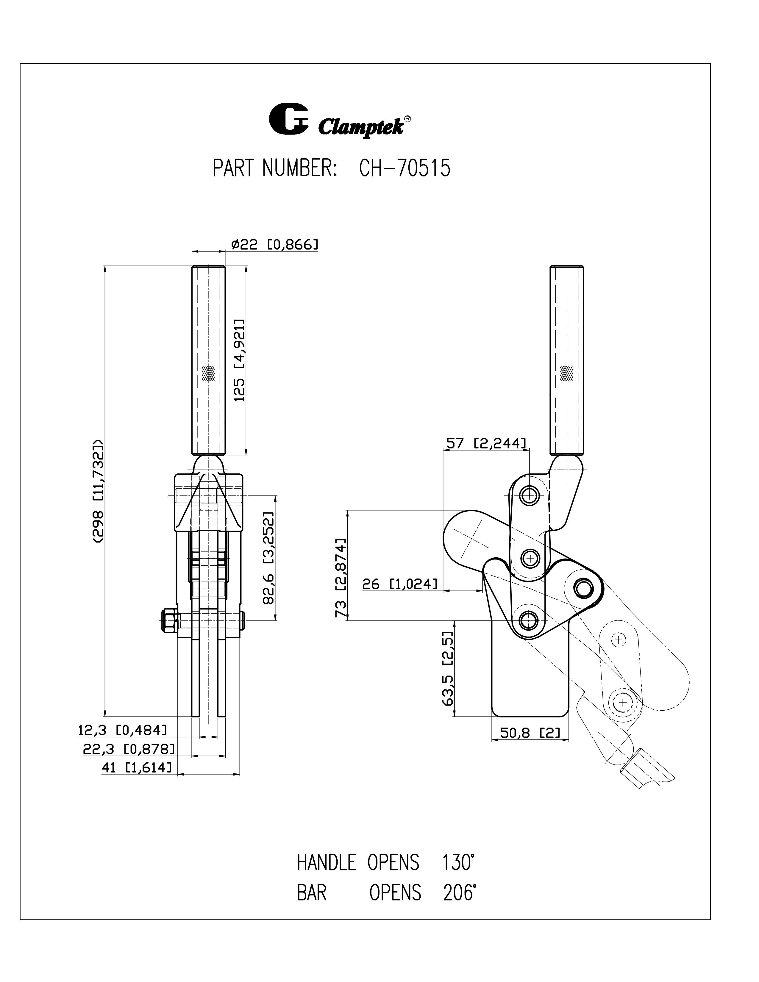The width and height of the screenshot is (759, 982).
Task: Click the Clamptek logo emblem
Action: pos(288,119)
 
